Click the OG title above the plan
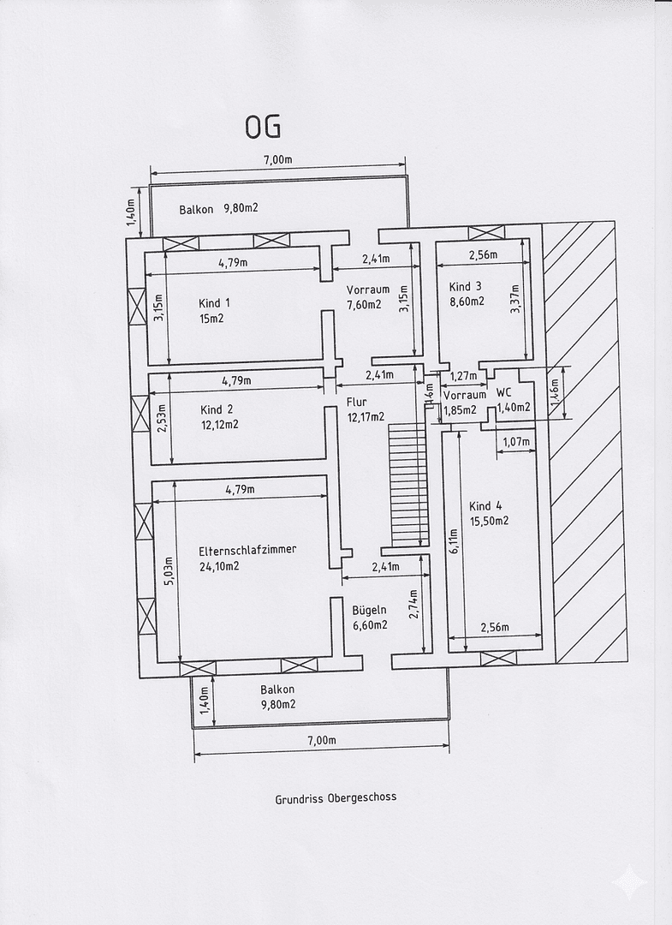pyautogui.click(x=262, y=127)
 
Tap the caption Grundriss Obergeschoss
pyautogui.click(x=336, y=797)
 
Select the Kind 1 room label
pyautogui.click(x=214, y=303)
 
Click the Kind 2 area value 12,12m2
pyautogui.click(x=219, y=424)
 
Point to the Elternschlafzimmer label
pyautogui.click(x=247, y=550)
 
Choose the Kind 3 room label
pyautogui.click(x=466, y=286)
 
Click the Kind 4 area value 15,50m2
pyautogui.click(x=489, y=521)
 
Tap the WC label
pyautogui.click(x=504, y=395)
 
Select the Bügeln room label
pyautogui.click(x=370, y=610)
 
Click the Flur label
pyautogui.click(x=356, y=402)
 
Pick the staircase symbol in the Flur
pyautogui.click(x=407, y=484)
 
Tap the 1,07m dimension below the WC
pyautogui.click(x=514, y=442)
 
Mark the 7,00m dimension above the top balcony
pyautogui.click(x=277, y=159)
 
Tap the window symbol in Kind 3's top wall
pyautogui.click(x=486, y=232)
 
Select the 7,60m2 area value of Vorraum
pyautogui.click(x=364, y=304)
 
